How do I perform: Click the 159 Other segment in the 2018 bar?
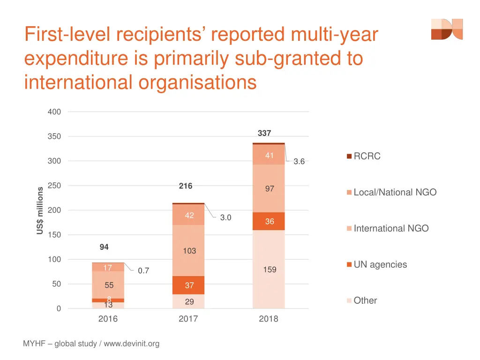coord(269,270)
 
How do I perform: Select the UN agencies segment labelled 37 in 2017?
coord(188,285)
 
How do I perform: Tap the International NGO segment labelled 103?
coord(188,251)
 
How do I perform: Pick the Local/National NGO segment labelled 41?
coord(269,156)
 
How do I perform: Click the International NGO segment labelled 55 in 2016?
coord(108,285)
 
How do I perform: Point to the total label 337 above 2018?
coord(264,134)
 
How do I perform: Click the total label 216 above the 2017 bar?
coord(186,186)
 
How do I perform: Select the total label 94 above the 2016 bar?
coord(104,247)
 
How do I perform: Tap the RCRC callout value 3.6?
coord(299,162)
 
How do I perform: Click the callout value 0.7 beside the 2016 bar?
coord(143,270)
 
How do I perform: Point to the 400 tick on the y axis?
coord(54,112)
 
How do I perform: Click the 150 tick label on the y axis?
coord(54,235)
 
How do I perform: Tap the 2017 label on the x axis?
coord(188,319)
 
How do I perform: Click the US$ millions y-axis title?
coord(40,210)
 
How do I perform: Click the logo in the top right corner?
coord(447,29)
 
